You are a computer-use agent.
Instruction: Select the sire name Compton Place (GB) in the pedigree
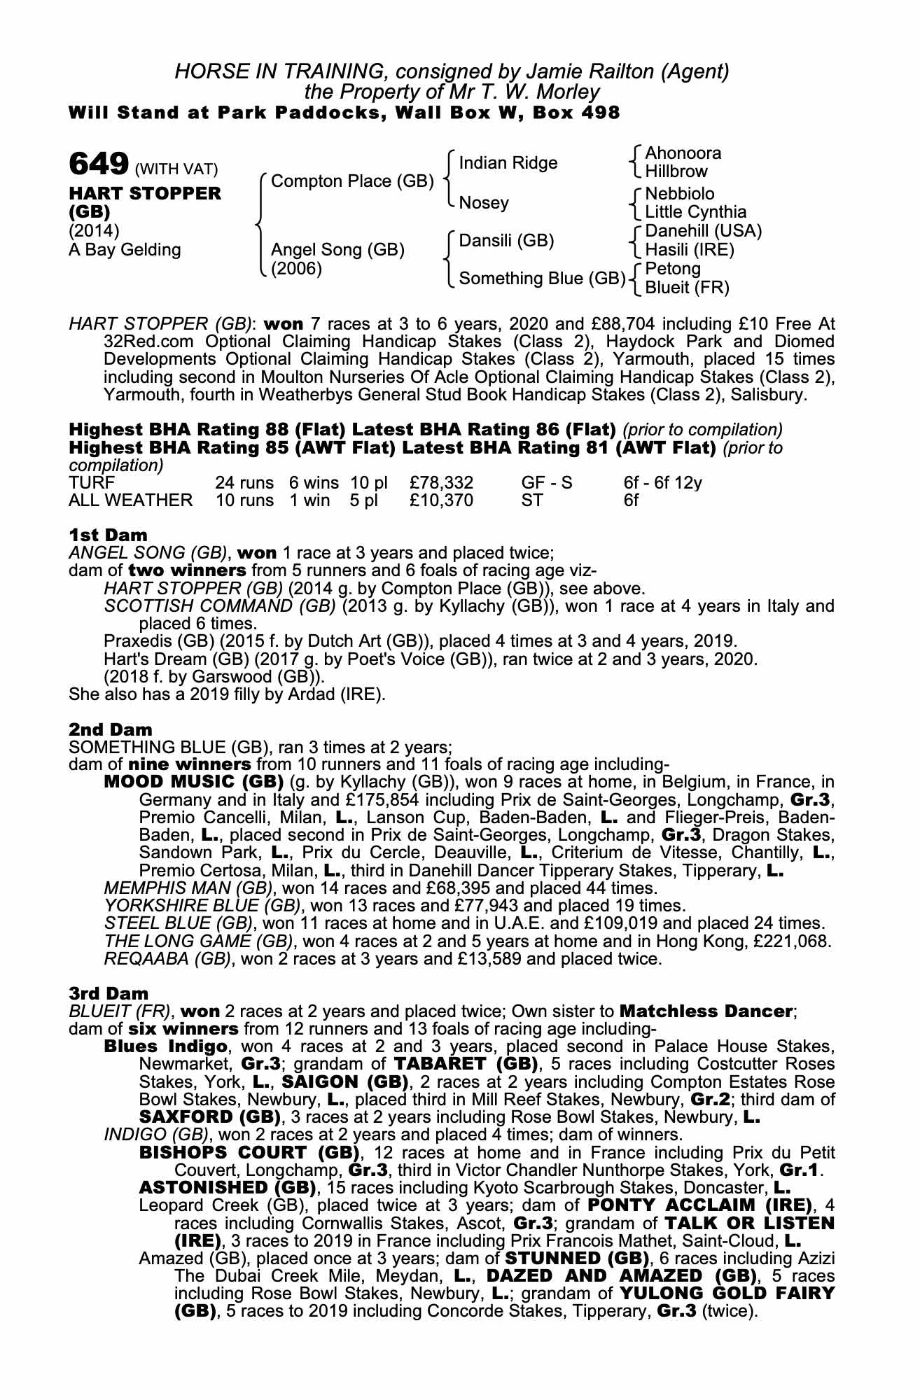tap(352, 181)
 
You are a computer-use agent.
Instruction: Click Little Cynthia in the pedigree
tap(695, 212)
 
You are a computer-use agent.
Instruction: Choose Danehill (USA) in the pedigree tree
tap(703, 231)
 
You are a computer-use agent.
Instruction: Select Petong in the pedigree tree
tap(672, 269)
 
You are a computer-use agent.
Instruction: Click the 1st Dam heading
tap(108, 535)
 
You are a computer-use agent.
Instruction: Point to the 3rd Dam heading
tap(109, 993)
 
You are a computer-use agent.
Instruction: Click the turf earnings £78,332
tap(442, 482)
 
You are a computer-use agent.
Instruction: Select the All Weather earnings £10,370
tap(442, 500)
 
